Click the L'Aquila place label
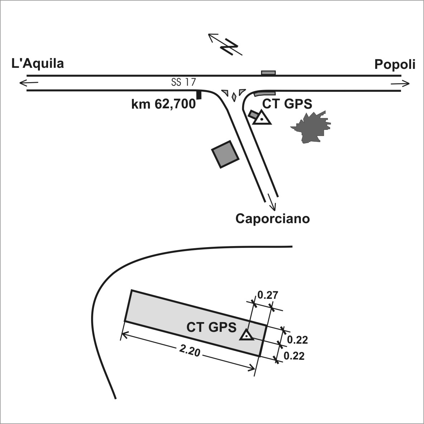[38, 64]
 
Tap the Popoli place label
[395, 65]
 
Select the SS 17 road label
[183, 82]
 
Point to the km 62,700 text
[163, 104]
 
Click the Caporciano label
[273, 218]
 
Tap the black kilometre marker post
[199, 95]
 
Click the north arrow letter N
[229, 46]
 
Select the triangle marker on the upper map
[262, 118]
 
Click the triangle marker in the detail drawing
[246, 335]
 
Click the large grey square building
[225, 154]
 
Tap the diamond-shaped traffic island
[234, 97]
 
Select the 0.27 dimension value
[268, 295]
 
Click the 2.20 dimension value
[190, 351]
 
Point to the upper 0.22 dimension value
[297, 340]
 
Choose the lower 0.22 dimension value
[294, 356]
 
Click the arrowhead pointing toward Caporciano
[273, 207]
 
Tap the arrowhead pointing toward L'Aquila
[23, 83]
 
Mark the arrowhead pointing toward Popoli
[406, 84]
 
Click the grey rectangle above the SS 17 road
[268, 73]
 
